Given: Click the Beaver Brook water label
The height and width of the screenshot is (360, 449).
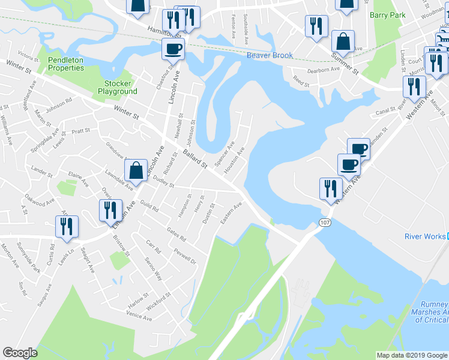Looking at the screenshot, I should click(x=270, y=56).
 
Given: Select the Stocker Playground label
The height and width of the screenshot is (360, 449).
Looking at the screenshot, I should click(x=117, y=88).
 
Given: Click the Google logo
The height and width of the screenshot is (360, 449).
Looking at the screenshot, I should click(x=20, y=353).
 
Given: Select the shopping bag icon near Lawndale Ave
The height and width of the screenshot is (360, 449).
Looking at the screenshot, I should click(x=136, y=170).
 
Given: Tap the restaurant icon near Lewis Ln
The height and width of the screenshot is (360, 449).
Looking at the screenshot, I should click(x=66, y=226).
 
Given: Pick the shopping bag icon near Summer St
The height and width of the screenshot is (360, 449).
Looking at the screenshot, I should click(x=342, y=42).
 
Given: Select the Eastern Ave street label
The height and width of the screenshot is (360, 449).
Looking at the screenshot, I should click(x=231, y=213).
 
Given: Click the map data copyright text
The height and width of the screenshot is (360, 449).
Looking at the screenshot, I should click(x=411, y=355).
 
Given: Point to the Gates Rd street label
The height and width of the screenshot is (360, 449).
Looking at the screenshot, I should click(x=176, y=235).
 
